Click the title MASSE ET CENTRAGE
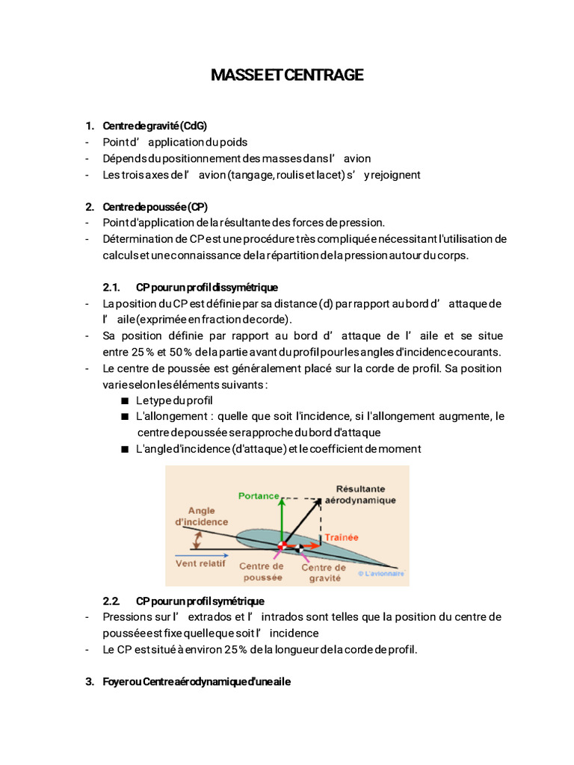[x=287, y=75]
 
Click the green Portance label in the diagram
[x=258, y=496]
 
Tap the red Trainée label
[x=341, y=537]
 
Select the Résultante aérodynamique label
[x=360, y=495]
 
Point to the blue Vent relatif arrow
[x=202, y=555]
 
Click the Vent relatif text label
[x=200, y=563]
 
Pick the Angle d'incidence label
[x=202, y=516]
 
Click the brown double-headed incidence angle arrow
[x=197, y=540]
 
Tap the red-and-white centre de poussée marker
[x=282, y=545]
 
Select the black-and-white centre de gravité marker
[x=299, y=548]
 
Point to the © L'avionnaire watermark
[x=381, y=573]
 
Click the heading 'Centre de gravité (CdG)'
[x=155, y=126]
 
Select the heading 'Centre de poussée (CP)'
[x=155, y=207]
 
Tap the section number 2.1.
[x=111, y=288]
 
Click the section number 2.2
[x=111, y=601]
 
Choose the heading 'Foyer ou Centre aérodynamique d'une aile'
[x=197, y=681]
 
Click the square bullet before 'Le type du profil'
[x=125, y=401]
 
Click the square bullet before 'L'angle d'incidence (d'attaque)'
[x=125, y=449]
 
